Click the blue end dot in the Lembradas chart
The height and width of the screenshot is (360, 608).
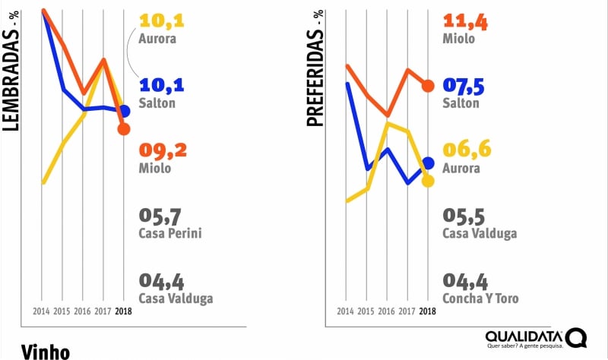pyautogui.click(x=124, y=111)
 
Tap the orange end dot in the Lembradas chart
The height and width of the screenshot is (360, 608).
pyautogui.click(x=124, y=128)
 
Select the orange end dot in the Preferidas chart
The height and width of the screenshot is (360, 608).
pyautogui.click(x=428, y=85)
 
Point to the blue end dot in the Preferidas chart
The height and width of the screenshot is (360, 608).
pyautogui.click(x=428, y=163)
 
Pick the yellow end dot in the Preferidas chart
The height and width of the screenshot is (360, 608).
pyautogui.click(x=428, y=181)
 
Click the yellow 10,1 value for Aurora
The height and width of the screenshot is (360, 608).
pyautogui.click(x=163, y=21)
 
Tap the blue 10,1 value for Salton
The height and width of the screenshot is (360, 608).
pyautogui.click(x=163, y=85)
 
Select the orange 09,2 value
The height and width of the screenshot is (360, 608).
pyautogui.click(x=163, y=150)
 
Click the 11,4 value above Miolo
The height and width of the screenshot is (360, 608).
pyautogui.click(x=466, y=21)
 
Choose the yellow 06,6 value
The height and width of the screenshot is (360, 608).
pyautogui.click(x=467, y=150)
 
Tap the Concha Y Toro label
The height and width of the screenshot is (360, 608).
pyautogui.click(x=480, y=298)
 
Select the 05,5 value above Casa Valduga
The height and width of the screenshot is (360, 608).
pyautogui.click(x=465, y=215)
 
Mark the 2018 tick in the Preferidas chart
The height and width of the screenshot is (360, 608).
pyautogui.click(x=428, y=311)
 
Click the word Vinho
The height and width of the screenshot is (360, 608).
pyautogui.click(x=46, y=351)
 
